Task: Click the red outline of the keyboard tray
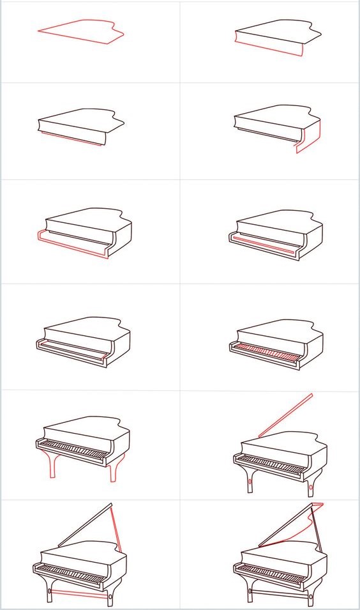70,247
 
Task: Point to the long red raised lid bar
285,416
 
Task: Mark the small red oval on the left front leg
249,483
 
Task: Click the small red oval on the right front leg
311,489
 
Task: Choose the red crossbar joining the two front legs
80,593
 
